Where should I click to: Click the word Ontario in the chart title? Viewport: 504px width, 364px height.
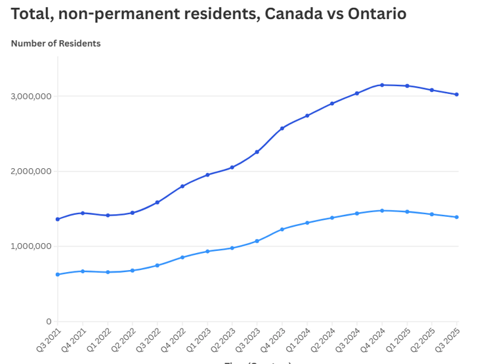pos(368,14)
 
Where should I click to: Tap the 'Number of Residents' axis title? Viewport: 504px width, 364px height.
pos(56,43)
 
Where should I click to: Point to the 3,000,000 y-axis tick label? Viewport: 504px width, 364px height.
pos(31,97)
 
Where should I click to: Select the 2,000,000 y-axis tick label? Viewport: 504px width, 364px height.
pos(31,171)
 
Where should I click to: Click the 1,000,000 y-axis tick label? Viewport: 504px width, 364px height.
pos(31,246)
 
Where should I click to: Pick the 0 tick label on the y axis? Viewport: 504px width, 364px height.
pos(48,321)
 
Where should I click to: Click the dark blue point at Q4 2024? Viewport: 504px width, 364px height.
pos(382,85)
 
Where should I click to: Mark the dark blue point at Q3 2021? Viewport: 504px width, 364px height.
pos(58,219)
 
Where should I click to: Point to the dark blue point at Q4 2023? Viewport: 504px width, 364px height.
pos(282,128)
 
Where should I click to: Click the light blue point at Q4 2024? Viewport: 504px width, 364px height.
pos(382,210)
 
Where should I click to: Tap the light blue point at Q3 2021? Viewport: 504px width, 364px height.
pos(58,274)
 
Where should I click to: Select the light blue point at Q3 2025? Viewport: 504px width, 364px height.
pos(457,217)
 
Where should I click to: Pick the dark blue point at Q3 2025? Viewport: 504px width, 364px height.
pos(457,95)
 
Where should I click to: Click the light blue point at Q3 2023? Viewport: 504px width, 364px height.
pos(257,241)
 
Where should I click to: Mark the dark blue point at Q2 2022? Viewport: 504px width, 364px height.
pos(133,213)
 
